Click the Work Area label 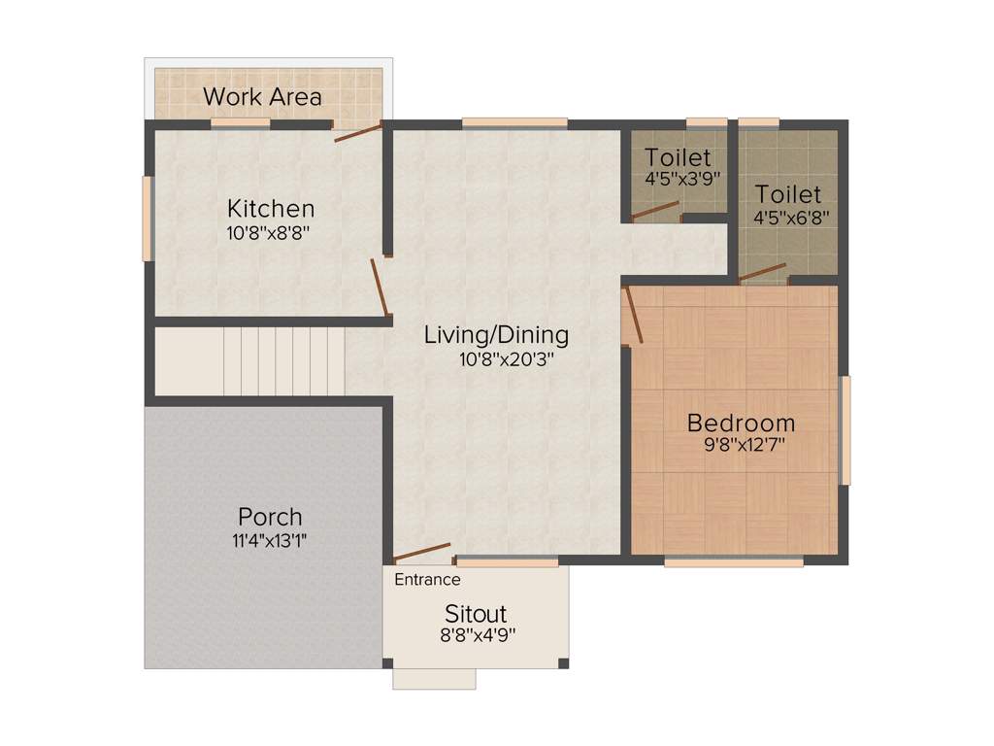click(x=262, y=97)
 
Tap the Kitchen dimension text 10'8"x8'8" click(x=269, y=232)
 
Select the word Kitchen click(x=271, y=208)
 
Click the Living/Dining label click(x=496, y=335)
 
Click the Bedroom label click(x=741, y=423)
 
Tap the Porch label click(x=270, y=516)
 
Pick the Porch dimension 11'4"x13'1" click(x=270, y=541)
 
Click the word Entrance click(x=427, y=580)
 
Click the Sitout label click(x=476, y=614)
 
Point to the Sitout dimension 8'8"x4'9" click(x=476, y=636)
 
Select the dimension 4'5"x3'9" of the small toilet click(x=679, y=180)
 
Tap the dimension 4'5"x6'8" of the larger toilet click(x=787, y=217)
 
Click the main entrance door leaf click(x=422, y=553)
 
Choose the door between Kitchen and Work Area click(x=358, y=132)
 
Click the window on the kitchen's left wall click(x=148, y=218)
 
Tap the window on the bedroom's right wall click(x=845, y=430)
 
